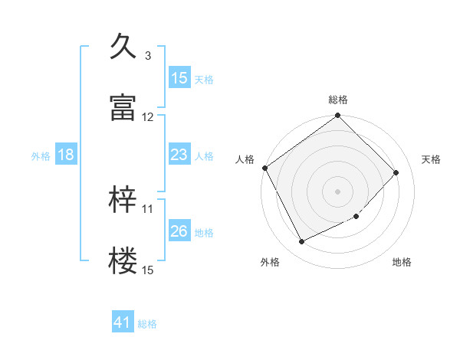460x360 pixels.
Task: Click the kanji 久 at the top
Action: (123, 47)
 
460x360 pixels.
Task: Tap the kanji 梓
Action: (123, 200)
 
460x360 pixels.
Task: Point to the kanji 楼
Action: (123, 261)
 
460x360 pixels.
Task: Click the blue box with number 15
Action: (179, 77)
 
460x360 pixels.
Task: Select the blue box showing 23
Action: (179, 155)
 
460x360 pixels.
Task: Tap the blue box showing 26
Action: (179, 231)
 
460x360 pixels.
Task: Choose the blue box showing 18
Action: (66, 155)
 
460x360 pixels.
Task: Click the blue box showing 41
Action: (123, 322)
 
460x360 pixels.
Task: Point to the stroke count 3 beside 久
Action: (147, 56)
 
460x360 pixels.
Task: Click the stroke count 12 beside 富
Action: (148, 117)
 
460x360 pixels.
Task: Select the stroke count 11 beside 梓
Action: (148, 208)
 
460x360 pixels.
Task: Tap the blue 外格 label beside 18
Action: (41, 155)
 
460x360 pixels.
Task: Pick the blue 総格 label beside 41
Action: (147, 324)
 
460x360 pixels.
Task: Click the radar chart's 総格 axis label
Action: (338, 100)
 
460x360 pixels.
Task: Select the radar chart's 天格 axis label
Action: (431, 159)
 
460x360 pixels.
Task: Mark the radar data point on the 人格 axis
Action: (264, 168)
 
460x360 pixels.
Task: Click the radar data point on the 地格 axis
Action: (356, 217)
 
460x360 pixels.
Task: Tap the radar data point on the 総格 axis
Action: (338, 116)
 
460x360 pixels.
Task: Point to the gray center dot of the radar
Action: (338, 191)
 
